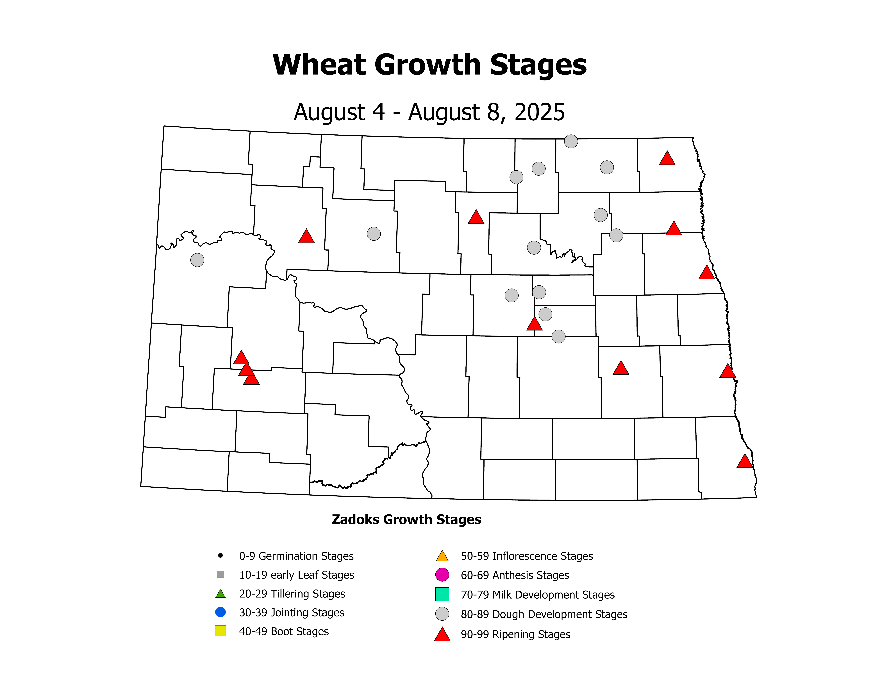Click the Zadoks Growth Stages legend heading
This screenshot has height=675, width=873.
(406, 519)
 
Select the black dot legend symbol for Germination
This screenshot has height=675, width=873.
(220, 555)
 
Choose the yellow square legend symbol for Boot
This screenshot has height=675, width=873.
(220, 631)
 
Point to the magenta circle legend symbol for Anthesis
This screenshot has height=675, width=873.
(442, 575)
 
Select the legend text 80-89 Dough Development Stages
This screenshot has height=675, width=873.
(544, 614)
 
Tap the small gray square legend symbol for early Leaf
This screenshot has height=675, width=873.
(220, 574)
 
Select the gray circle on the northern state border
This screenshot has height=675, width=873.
(571, 141)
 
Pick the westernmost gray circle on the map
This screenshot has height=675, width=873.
(197, 260)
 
